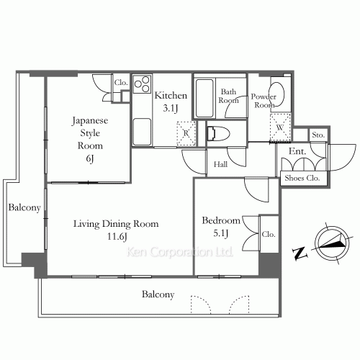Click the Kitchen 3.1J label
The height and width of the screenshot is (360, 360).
click(171, 102)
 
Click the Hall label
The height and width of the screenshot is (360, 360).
click(220, 165)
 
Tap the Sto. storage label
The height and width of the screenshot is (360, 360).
click(318, 135)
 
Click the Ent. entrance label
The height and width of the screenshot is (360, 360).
click(297, 152)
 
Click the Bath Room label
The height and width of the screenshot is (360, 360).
click(229, 96)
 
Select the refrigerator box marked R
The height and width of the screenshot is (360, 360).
click(186, 132)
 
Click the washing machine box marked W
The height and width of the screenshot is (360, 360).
click(280, 126)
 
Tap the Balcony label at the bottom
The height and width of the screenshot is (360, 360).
click(158, 294)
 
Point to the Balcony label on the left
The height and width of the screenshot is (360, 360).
click(24, 208)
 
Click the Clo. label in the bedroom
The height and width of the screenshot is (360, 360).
click(268, 234)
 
